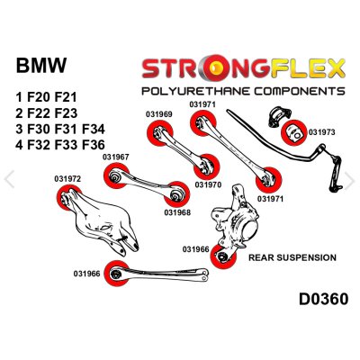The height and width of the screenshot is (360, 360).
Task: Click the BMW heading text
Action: pyautogui.click(x=41, y=65)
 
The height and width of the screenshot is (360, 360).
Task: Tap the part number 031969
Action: pyautogui.click(x=159, y=114)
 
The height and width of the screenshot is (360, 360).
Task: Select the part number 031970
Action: pyautogui.click(x=208, y=184)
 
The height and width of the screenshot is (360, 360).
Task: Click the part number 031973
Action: pyautogui.click(x=321, y=132)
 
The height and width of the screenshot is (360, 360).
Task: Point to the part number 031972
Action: pyautogui.click(x=67, y=179)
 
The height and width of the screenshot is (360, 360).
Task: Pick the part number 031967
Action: pyautogui.click(x=116, y=157)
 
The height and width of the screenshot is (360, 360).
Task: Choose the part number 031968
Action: pyautogui.click(x=177, y=212)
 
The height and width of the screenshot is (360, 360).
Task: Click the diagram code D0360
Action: pyautogui.click(x=324, y=299)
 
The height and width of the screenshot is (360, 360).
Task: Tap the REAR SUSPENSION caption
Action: pyautogui.click(x=292, y=257)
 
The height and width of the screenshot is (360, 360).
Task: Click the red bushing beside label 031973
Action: pyautogui.click(x=293, y=132)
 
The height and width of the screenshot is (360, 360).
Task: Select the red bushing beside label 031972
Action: pyautogui.click(x=68, y=198)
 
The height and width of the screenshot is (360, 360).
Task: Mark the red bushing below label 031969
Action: pyautogui.click(x=159, y=133)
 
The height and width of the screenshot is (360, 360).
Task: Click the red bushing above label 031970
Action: pyautogui.click(x=207, y=166)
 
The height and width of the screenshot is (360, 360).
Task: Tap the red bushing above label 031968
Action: pyautogui.click(x=177, y=193)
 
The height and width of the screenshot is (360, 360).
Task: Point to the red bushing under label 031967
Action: pyautogui.click(x=116, y=175)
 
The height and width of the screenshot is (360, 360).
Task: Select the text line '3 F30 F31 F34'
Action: pyautogui.click(x=60, y=130)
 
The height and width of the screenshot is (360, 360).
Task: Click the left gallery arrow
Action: pyautogui.click(x=9, y=179)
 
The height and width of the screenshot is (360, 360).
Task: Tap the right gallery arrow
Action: pyautogui.click(x=349, y=181)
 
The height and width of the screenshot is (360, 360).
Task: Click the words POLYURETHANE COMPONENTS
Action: pyautogui.click(x=243, y=91)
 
